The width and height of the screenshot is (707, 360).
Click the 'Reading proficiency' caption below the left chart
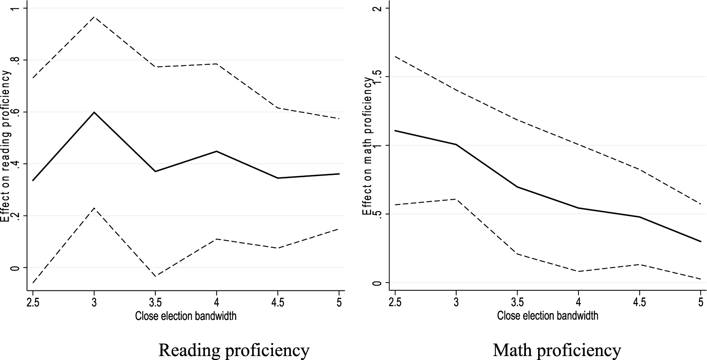234,349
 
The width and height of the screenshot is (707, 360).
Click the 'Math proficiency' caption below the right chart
557,349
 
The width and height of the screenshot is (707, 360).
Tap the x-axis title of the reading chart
186,316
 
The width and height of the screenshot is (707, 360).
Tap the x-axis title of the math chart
548,316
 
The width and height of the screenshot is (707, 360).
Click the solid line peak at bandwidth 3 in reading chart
94,112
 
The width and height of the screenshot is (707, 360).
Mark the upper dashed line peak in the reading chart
94,17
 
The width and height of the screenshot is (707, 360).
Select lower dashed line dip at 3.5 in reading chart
155,276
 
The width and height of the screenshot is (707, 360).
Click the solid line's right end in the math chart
701,241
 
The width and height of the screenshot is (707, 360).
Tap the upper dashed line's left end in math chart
395,57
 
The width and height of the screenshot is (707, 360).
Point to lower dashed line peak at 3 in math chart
456,199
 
